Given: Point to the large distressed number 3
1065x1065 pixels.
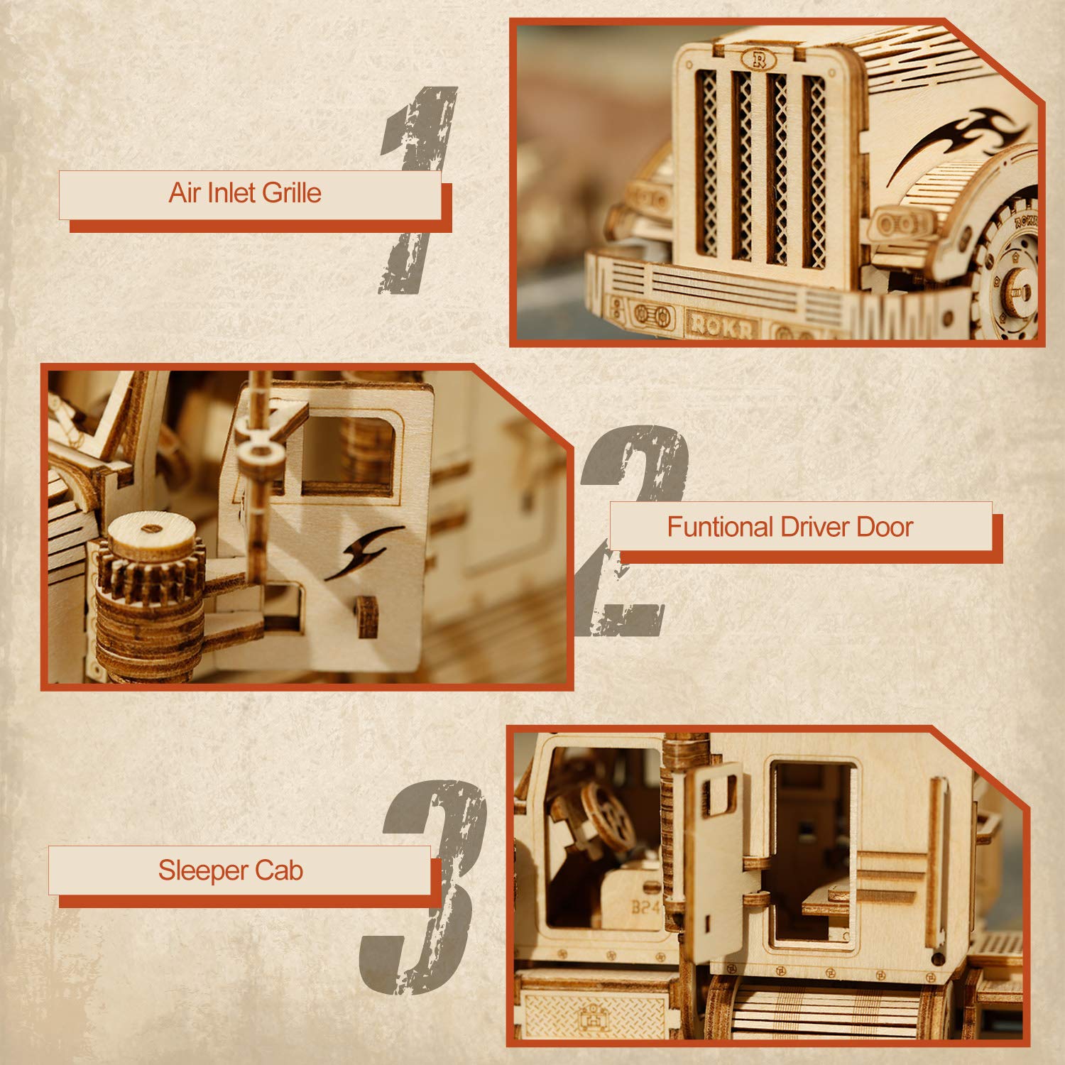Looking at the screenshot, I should [x=426, y=887].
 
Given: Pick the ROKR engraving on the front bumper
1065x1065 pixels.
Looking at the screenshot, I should [x=721, y=324].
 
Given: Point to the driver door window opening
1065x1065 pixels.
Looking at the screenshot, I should [x=348, y=454].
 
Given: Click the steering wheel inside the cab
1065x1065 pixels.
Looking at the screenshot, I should [x=607, y=816].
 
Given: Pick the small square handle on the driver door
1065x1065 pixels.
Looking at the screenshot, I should [x=366, y=616].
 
